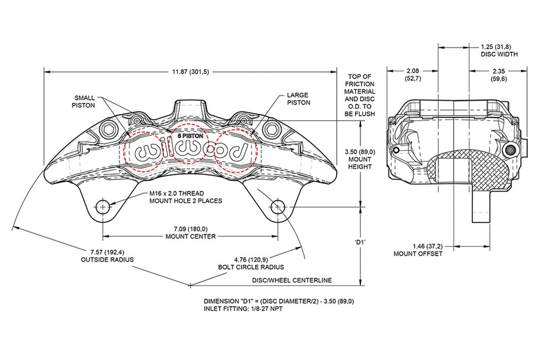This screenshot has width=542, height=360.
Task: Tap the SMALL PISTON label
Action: click(85, 102)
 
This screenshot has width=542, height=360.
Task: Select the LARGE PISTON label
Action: click(298, 99)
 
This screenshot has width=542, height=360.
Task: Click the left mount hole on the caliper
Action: click(103, 206)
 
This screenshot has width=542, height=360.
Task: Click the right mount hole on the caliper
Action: click(277, 206)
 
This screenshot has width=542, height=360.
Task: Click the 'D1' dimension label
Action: click(361, 241)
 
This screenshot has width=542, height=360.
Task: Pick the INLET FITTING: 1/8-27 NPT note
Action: click(243, 309)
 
